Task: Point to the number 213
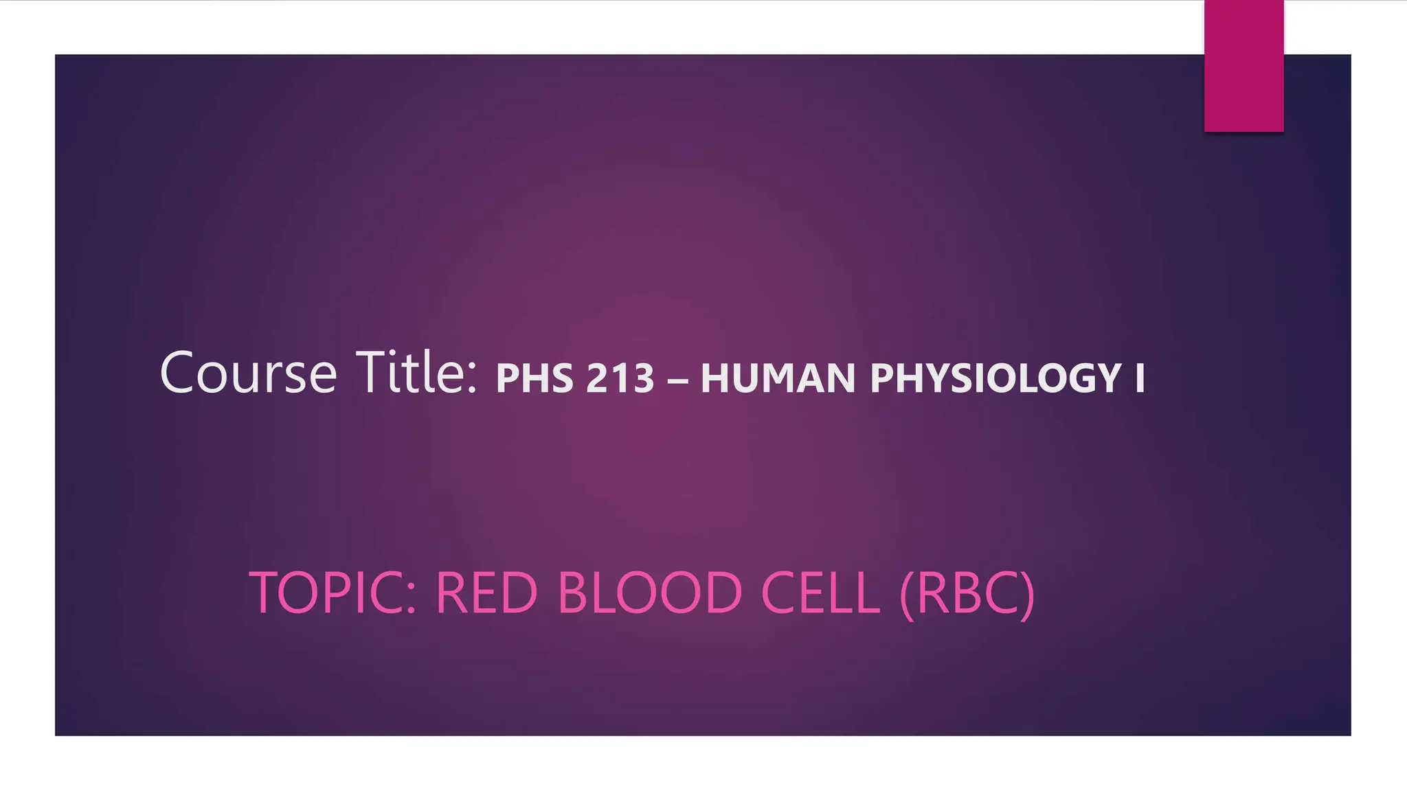620,378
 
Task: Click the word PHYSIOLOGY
995,378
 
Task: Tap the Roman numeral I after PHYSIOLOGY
1140,378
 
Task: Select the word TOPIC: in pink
333,593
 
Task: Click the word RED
486,593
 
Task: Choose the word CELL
820,593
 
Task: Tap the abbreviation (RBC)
966,593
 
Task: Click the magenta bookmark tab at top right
1243,66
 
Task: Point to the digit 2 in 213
598,378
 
